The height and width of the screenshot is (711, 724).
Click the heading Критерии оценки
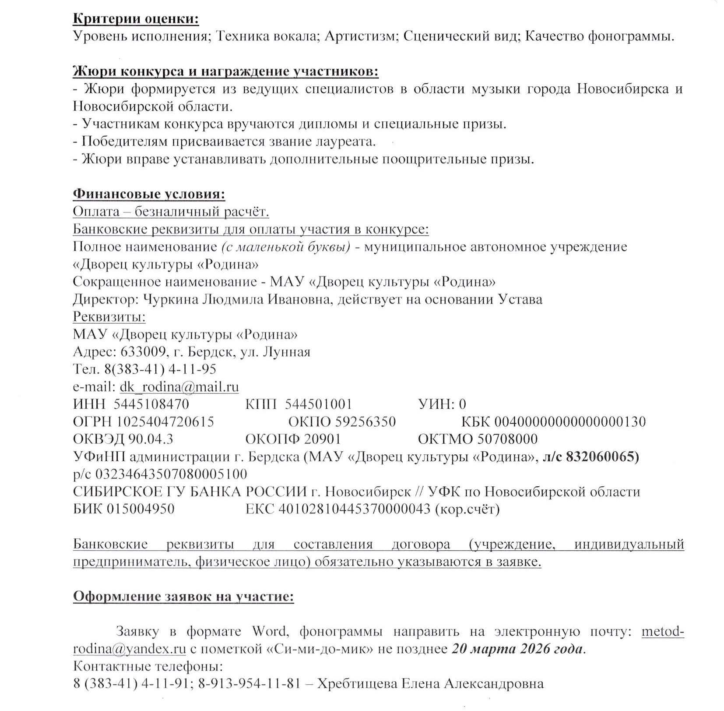click(x=136, y=19)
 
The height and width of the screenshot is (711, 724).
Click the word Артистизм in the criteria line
click(x=360, y=36)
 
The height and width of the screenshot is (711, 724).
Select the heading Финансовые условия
click(x=149, y=194)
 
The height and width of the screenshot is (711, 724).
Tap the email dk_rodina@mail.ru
click(x=179, y=387)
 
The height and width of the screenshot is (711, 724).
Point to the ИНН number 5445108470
click(x=151, y=404)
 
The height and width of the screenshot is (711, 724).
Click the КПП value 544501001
click(x=318, y=404)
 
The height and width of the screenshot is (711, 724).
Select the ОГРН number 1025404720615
click(x=165, y=421)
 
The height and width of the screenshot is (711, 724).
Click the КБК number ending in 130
click(x=569, y=421)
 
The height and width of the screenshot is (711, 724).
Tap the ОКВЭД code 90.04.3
click(x=151, y=439)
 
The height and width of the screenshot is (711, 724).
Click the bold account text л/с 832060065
click(x=590, y=457)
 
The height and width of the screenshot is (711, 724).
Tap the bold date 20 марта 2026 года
click(x=517, y=649)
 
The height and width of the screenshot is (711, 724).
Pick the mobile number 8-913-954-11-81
click(x=249, y=684)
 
